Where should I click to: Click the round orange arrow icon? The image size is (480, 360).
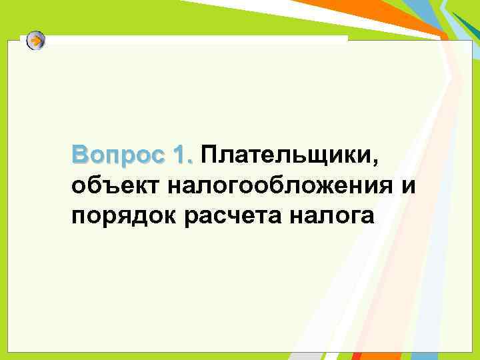coord(36,41)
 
